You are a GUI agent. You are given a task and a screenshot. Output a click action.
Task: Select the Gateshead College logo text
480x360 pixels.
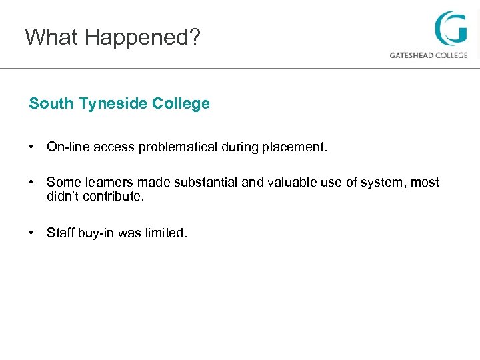click(428, 55)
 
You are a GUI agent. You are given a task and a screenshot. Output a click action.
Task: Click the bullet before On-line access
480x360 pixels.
click(31, 147)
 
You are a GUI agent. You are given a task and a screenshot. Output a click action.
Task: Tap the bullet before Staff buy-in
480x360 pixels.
click(31, 233)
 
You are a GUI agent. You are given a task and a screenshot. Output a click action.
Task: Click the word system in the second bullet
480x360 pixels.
click(384, 183)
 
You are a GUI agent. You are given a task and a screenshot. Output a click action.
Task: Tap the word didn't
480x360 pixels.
click(63, 197)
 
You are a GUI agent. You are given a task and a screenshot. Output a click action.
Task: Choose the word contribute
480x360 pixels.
click(113, 197)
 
